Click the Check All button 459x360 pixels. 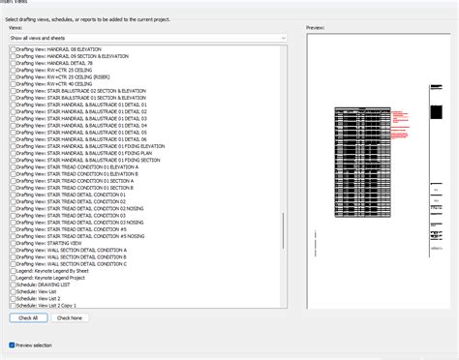[x=28, y=317]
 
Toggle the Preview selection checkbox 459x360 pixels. [x=12, y=345]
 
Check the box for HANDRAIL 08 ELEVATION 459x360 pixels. [x=12, y=47]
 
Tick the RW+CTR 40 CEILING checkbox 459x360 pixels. [x=12, y=83]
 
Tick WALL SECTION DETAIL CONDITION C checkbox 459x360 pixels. [x=12, y=264]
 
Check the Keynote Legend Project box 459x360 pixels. [x=12, y=279]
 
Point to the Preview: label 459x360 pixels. [x=315, y=29]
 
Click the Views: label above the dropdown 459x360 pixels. [x=15, y=29]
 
